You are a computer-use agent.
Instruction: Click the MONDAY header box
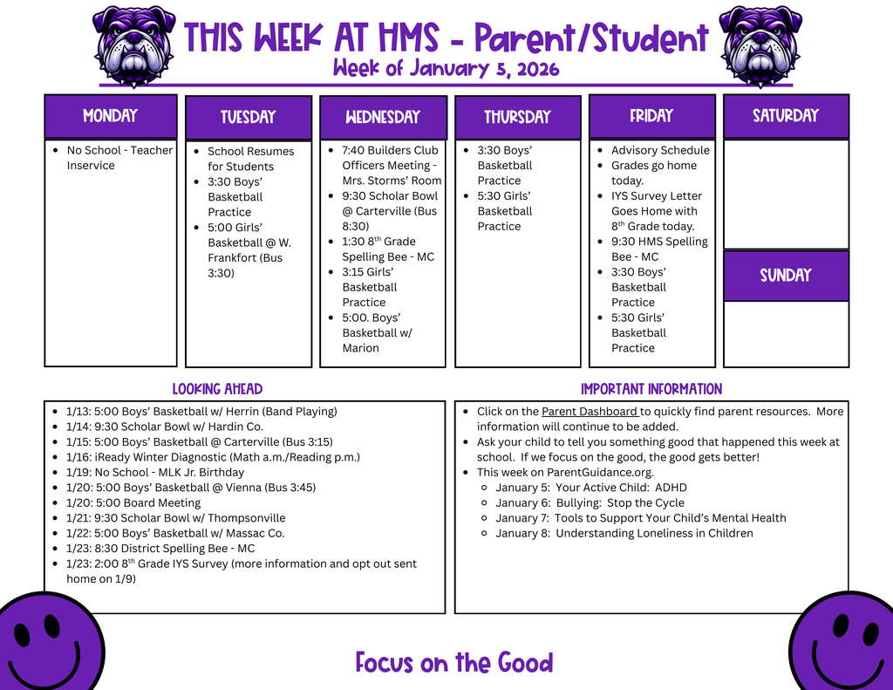click(x=111, y=116)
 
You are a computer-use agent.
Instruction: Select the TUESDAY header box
click(x=249, y=118)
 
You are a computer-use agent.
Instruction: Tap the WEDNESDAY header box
click(x=383, y=118)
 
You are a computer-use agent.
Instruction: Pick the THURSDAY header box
click(x=518, y=118)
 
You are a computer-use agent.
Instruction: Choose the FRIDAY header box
click(x=652, y=116)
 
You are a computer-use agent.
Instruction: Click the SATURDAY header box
click(x=786, y=116)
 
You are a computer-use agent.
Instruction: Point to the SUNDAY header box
click(x=786, y=276)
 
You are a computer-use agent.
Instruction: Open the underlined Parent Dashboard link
click(x=590, y=412)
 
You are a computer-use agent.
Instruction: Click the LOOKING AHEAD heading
click(x=217, y=389)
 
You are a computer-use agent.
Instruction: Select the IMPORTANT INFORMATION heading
click(x=651, y=389)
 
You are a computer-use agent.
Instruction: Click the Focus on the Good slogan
click(x=454, y=663)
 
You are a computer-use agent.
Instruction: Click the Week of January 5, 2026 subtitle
click(x=446, y=69)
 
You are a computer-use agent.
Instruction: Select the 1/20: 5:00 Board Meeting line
click(x=133, y=502)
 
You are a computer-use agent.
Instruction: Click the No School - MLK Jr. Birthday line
click(x=155, y=472)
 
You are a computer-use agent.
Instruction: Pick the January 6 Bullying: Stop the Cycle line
click(x=590, y=502)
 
